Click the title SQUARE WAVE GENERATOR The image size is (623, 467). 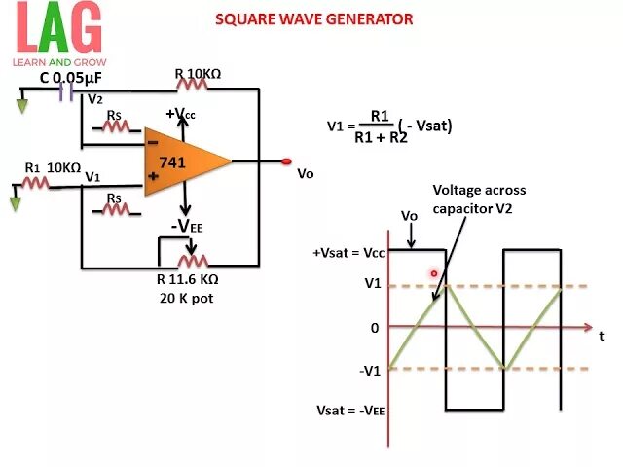tap(313, 19)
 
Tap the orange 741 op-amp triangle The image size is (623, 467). tap(181, 161)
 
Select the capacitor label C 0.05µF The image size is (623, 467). tap(70, 77)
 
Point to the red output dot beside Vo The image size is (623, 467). tap(286, 162)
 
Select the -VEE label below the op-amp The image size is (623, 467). tap(188, 227)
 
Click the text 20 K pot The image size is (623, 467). tap(188, 298)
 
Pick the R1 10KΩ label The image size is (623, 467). tap(53, 167)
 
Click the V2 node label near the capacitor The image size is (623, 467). tap(95, 100)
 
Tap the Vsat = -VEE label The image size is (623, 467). tap(350, 411)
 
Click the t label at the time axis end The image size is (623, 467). tap(602, 335)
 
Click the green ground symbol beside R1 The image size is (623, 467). tap(15, 202)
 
